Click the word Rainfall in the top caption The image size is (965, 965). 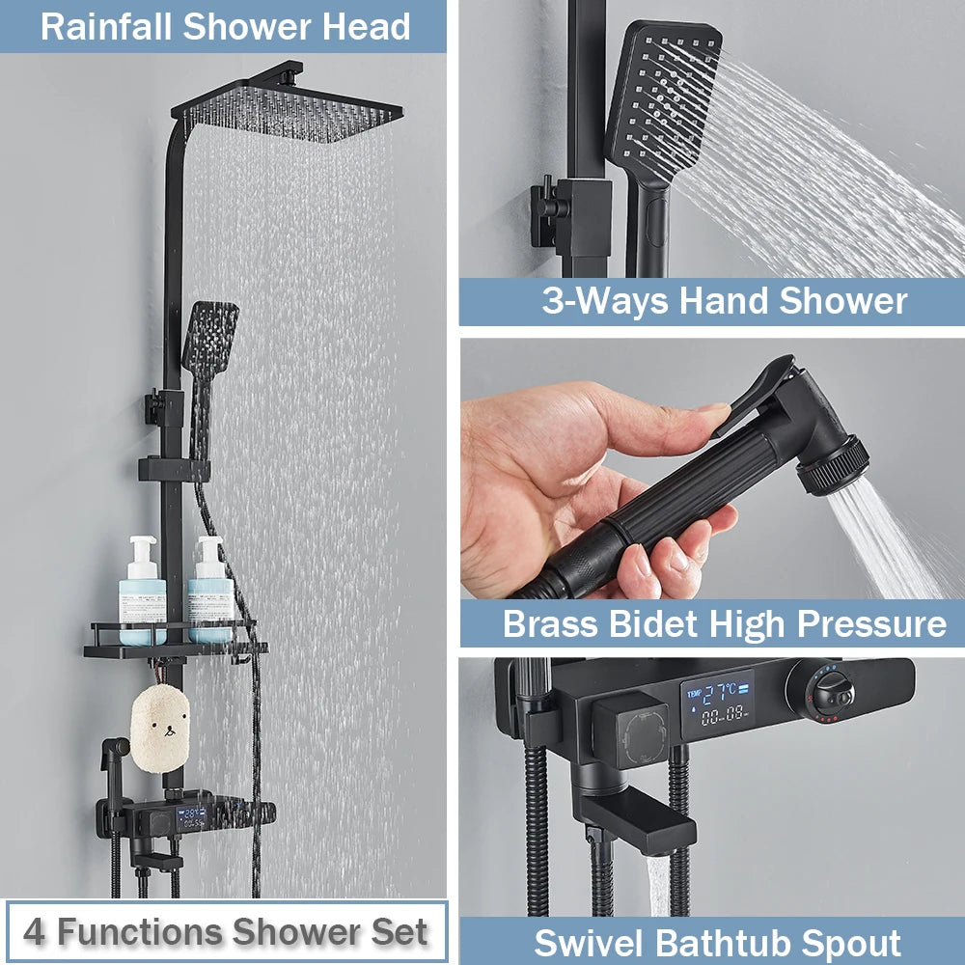pos(106,26)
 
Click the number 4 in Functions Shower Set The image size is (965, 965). pos(34,932)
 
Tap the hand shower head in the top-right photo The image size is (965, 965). pos(664,96)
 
